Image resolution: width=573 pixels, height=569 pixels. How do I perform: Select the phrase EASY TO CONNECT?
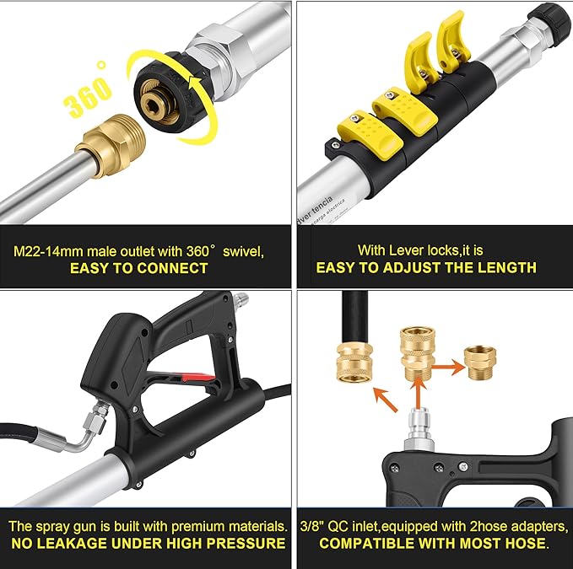pyautogui.click(x=139, y=268)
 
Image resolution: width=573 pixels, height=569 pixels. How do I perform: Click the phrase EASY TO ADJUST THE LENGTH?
pyautogui.click(x=426, y=268)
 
